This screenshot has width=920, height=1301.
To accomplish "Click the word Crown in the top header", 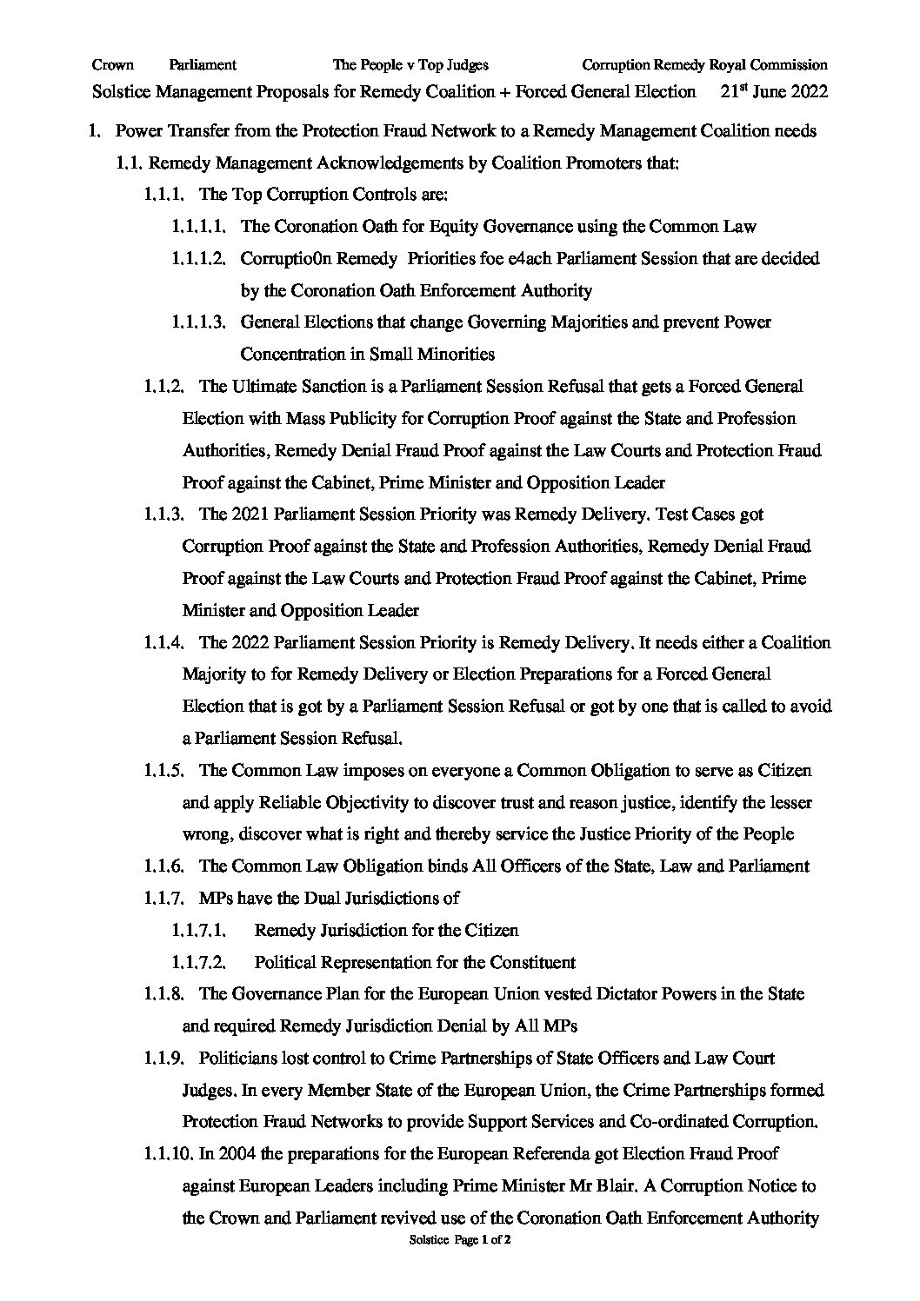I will tap(112, 64).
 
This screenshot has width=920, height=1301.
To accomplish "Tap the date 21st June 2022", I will tap(774, 91).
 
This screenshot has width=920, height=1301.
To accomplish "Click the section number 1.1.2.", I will tap(163, 386).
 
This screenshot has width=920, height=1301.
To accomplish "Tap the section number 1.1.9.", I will tap(163, 1059).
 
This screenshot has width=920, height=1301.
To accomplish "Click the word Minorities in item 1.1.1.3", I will tap(456, 354).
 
